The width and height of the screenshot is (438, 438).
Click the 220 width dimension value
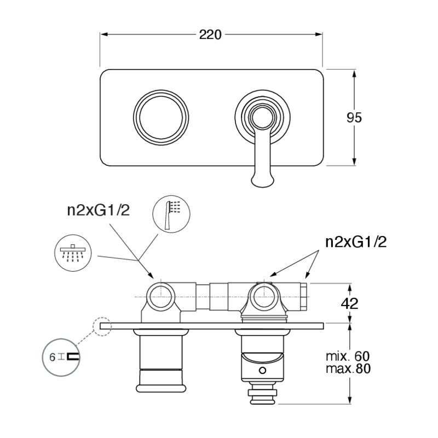point(210,34)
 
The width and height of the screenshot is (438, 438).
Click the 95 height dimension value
point(354,118)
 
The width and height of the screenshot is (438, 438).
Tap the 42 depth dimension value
point(349,303)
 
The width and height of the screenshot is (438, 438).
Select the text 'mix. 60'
point(348,356)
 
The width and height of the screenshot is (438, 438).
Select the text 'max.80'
point(348,368)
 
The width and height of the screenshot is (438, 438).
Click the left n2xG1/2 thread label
point(99,210)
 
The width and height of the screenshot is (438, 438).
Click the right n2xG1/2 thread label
point(356,242)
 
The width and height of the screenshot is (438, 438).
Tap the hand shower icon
point(171,214)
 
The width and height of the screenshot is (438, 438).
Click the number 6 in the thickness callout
point(52,358)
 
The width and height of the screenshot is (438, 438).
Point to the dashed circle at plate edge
point(102,326)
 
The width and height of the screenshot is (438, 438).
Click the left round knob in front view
point(161,118)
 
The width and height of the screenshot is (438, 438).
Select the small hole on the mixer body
point(262,371)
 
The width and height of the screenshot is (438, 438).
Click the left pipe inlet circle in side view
point(160,296)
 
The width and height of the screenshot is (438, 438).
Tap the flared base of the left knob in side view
point(161,388)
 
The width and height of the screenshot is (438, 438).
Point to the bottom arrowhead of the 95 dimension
point(354,162)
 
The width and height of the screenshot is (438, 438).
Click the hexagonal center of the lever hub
point(263,118)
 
